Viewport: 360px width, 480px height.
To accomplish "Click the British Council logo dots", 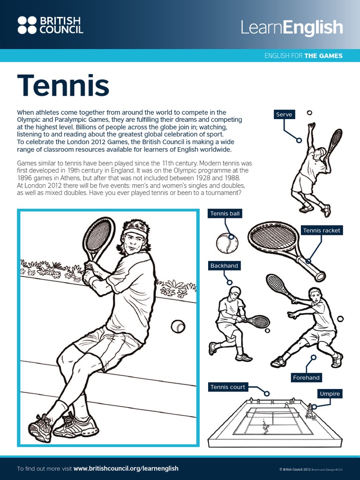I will [27, 25].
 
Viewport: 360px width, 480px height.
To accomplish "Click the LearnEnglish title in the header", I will [292, 28].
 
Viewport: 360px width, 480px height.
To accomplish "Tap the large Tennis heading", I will [63, 86].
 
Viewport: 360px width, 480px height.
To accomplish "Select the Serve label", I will [284, 114].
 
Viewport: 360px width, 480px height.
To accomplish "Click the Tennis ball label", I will [225, 214].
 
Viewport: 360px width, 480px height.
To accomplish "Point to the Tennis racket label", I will [322, 230].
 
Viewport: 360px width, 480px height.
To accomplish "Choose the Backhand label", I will [224, 266].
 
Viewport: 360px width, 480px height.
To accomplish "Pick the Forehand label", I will [306, 377].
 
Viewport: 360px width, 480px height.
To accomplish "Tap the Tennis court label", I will [227, 387].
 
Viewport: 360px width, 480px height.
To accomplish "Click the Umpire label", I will [330, 394].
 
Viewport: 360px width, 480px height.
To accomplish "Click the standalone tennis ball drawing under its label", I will [227, 243].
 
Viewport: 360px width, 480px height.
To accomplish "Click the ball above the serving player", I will [309, 113].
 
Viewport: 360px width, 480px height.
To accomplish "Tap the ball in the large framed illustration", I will [178, 326].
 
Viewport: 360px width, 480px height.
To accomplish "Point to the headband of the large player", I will [135, 230].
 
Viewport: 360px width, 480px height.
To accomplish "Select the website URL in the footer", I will [126, 468].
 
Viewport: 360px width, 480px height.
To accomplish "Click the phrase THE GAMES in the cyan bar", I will [323, 56].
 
